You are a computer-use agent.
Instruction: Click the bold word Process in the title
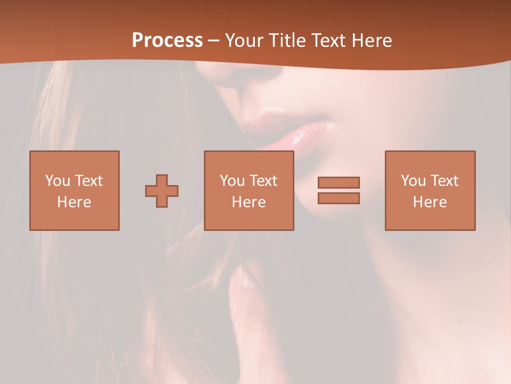pyautogui.click(x=167, y=41)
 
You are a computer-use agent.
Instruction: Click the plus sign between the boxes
pyautogui.click(x=162, y=191)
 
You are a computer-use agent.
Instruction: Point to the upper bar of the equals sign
pyautogui.click(x=339, y=182)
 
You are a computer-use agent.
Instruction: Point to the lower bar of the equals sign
pyautogui.click(x=339, y=198)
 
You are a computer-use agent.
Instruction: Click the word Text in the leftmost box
pyautogui.click(x=89, y=181)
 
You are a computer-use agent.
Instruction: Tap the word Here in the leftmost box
pyautogui.click(x=74, y=202)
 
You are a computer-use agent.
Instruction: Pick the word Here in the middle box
pyautogui.click(x=249, y=202)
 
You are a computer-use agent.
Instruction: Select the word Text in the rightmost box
pyautogui.click(x=444, y=181)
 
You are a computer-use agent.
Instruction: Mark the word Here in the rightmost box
pyautogui.click(x=430, y=202)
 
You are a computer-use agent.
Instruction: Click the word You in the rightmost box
pyautogui.click(x=413, y=181)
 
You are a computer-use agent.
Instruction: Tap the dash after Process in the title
pyautogui.click(x=214, y=41)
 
